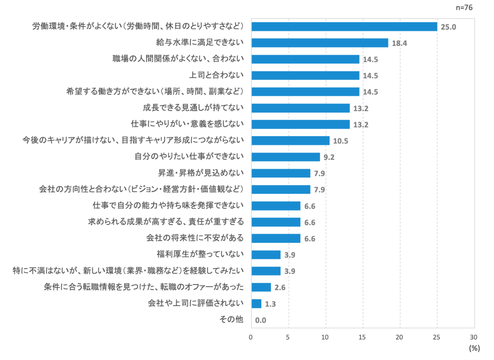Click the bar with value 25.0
click(344, 27)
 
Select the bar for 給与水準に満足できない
click(319, 43)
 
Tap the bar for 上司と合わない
click(305, 76)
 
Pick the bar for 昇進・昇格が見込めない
click(281, 173)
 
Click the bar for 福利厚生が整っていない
click(266, 255)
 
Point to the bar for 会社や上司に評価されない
click(256, 303)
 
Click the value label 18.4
click(399, 43)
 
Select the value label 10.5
click(340, 141)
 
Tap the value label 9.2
click(329, 157)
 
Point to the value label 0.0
click(260, 320)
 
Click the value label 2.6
click(280, 287)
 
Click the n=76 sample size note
click(464, 7)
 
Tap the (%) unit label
click(474, 348)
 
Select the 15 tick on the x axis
click(363, 337)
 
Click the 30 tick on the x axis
click(474, 337)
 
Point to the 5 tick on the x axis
click(288, 337)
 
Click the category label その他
click(231, 319)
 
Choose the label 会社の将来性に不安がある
click(195, 238)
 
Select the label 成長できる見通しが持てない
click(193, 108)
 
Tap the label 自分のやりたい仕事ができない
click(189, 156)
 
